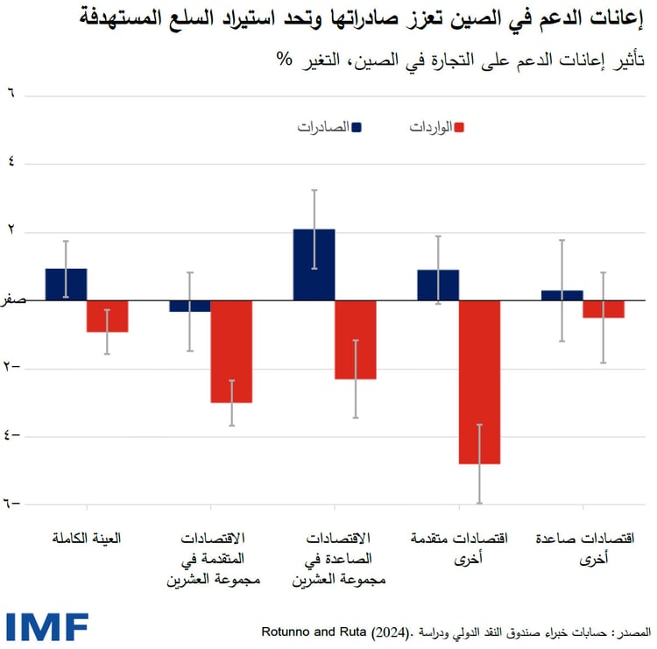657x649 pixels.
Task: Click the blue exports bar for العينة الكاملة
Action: (66, 285)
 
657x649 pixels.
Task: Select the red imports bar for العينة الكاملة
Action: (107, 316)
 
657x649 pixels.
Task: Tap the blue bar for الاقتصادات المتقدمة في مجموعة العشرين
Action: (189, 307)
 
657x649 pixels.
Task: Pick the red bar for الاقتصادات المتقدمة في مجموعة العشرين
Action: (231, 351)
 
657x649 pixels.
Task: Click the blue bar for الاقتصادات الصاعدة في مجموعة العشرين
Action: (314, 265)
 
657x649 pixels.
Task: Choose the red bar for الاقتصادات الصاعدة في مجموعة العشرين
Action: (356, 340)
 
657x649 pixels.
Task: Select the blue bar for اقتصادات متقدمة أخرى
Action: (438, 286)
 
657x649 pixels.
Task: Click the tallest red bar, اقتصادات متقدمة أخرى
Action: (479, 382)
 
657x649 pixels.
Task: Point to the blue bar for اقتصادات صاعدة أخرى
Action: (562, 295)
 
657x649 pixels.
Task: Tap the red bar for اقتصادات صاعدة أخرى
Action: (604, 309)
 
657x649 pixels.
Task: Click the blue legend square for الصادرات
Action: (357, 127)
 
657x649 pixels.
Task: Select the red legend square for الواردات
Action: (458, 127)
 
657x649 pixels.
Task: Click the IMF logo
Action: (47, 626)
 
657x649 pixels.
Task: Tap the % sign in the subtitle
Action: (284, 62)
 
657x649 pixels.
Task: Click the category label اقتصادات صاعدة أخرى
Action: (584, 548)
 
